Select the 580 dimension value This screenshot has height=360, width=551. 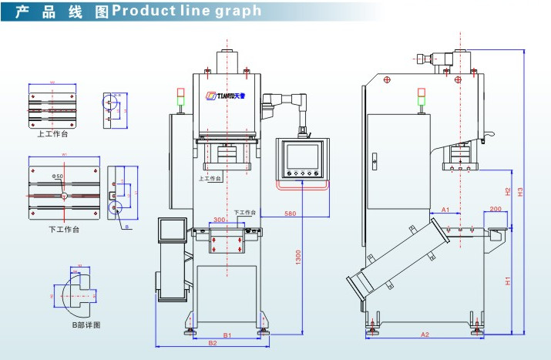(290, 213)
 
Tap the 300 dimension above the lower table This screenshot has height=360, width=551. (220, 220)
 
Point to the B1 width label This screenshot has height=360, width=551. (227, 335)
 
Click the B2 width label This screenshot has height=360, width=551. (211, 344)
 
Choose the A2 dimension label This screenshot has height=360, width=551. (425, 334)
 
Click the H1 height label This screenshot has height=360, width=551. (508, 281)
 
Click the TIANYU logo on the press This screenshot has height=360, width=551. (224, 97)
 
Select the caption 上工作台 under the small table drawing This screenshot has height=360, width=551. (52, 133)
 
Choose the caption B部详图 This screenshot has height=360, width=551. (86, 325)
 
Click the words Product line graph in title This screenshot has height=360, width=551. (186, 12)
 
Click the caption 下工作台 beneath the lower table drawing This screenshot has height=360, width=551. (63, 229)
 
